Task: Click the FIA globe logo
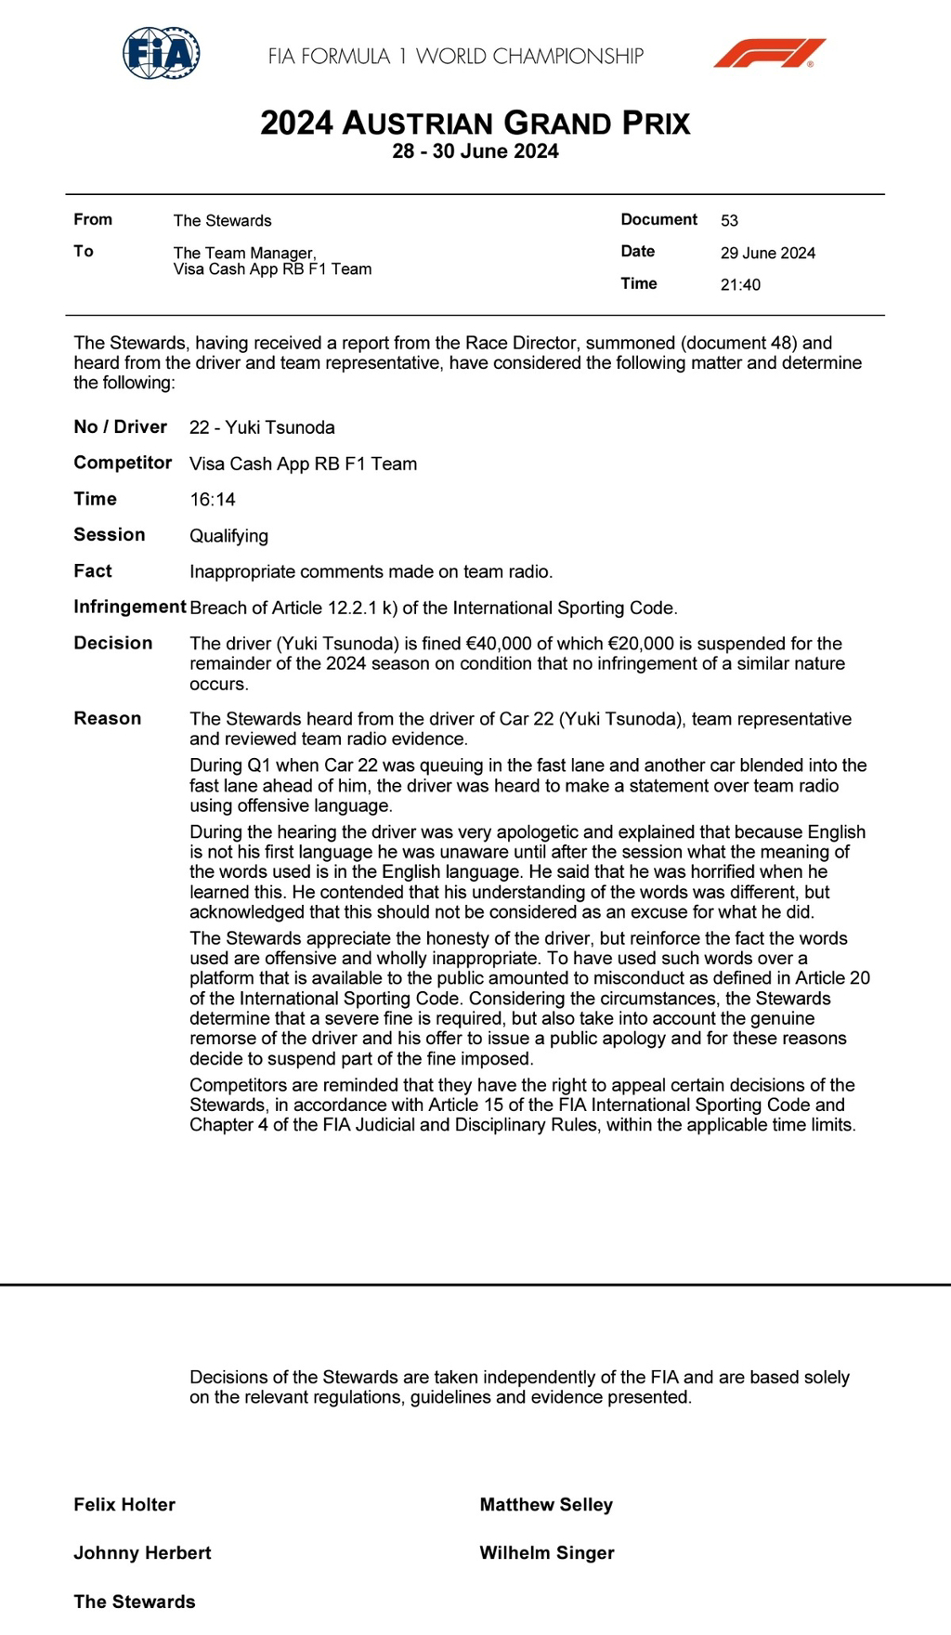pyautogui.click(x=162, y=53)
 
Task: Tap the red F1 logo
pyautogui.click(x=769, y=54)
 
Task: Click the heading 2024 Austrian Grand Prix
pyautogui.click(x=475, y=124)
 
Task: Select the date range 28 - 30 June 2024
pyautogui.click(x=475, y=151)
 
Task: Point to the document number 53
pyautogui.click(x=729, y=221)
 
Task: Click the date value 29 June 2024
pyautogui.click(x=767, y=253)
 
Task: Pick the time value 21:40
pyautogui.click(x=740, y=285)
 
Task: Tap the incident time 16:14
pyautogui.click(x=213, y=500)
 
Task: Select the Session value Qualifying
pyautogui.click(x=228, y=536)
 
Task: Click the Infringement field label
pyautogui.click(x=130, y=608)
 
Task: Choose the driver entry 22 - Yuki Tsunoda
pyautogui.click(x=262, y=427)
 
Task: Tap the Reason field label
pyautogui.click(x=108, y=718)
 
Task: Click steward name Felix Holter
pyautogui.click(x=124, y=1505)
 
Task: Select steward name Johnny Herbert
pyautogui.click(x=142, y=1553)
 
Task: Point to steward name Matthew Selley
pyautogui.click(x=546, y=1505)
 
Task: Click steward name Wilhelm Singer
pyautogui.click(x=547, y=1553)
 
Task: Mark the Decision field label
pyautogui.click(x=113, y=643)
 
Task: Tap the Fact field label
pyautogui.click(x=93, y=571)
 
